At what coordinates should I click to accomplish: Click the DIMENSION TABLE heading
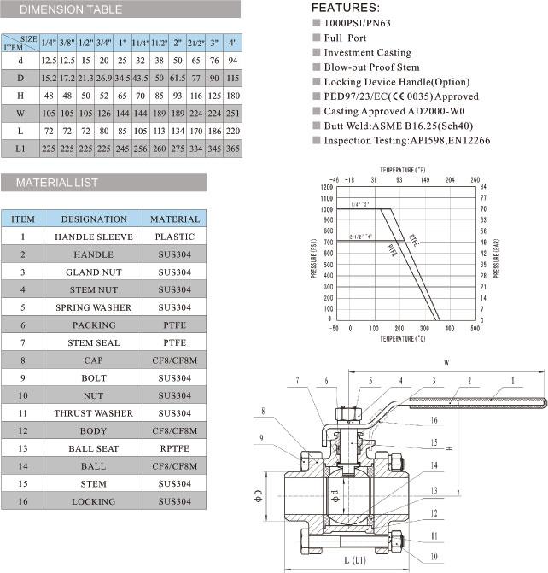(70, 10)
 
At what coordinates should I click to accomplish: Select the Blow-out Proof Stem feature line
(371, 67)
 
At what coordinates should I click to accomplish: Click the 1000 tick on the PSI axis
(328, 208)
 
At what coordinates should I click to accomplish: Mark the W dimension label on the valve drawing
(446, 362)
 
